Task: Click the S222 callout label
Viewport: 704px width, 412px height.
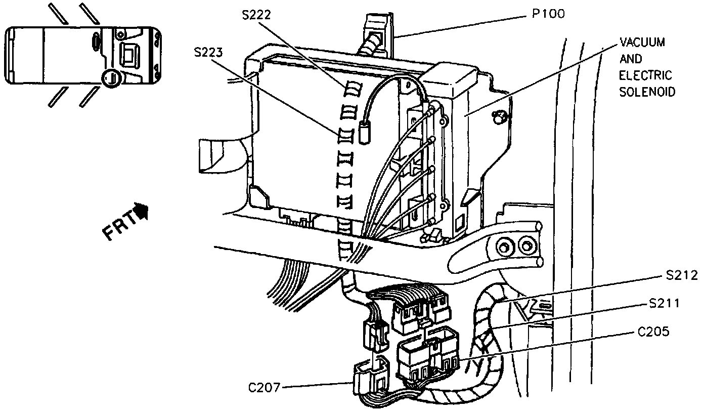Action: click(256, 14)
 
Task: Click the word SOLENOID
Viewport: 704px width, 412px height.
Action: click(647, 93)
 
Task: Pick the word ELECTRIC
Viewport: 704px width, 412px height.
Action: click(645, 76)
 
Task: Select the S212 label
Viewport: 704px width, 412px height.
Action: click(681, 276)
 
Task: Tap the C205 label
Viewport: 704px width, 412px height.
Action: click(653, 332)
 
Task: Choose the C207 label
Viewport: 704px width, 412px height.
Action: click(265, 388)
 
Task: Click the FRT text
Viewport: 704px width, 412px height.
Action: click(120, 225)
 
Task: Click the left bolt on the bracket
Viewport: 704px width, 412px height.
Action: click(504, 247)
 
